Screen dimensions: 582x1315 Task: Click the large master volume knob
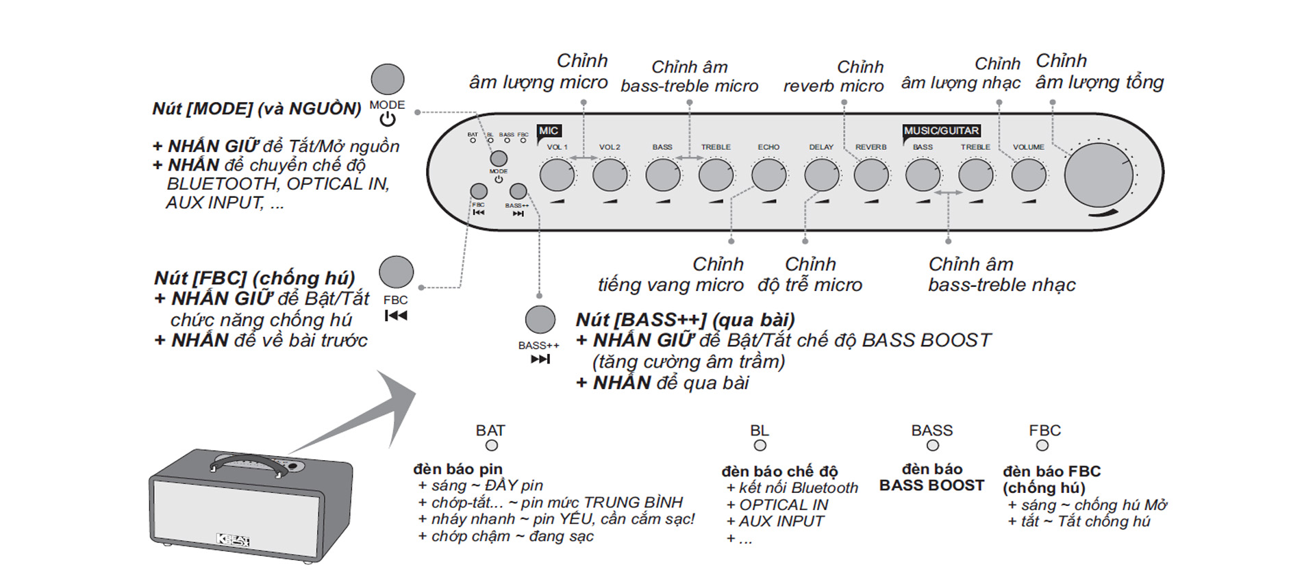coord(1098,175)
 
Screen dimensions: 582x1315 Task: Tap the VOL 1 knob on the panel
coord(557,175)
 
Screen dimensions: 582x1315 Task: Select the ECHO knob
coord(768,175)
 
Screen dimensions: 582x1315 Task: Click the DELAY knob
coord(821,175)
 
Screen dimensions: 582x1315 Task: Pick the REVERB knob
coord(871,175)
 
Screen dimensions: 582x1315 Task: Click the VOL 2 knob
coord(610,175)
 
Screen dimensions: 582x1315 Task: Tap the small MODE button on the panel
coord(499,158)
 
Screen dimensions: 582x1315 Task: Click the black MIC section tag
coord(549,131)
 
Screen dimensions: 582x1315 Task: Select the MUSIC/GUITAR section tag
coord(941,131)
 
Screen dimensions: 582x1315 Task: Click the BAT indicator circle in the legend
coord(491,446)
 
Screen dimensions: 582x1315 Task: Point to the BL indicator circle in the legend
coord(760,446)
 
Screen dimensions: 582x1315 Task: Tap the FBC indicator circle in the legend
coord(1042,446)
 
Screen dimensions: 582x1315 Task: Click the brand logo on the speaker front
coord(233,540)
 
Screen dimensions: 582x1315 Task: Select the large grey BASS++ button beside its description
coord(540,320)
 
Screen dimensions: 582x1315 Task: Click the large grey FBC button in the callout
coord(396,272)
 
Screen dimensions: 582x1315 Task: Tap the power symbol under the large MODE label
coord(388,120)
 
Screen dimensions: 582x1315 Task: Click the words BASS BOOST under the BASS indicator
coord(931,485)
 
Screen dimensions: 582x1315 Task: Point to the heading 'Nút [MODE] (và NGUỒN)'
coord(257,109)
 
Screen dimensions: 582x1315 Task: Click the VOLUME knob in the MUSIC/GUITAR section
coord(1029,175)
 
